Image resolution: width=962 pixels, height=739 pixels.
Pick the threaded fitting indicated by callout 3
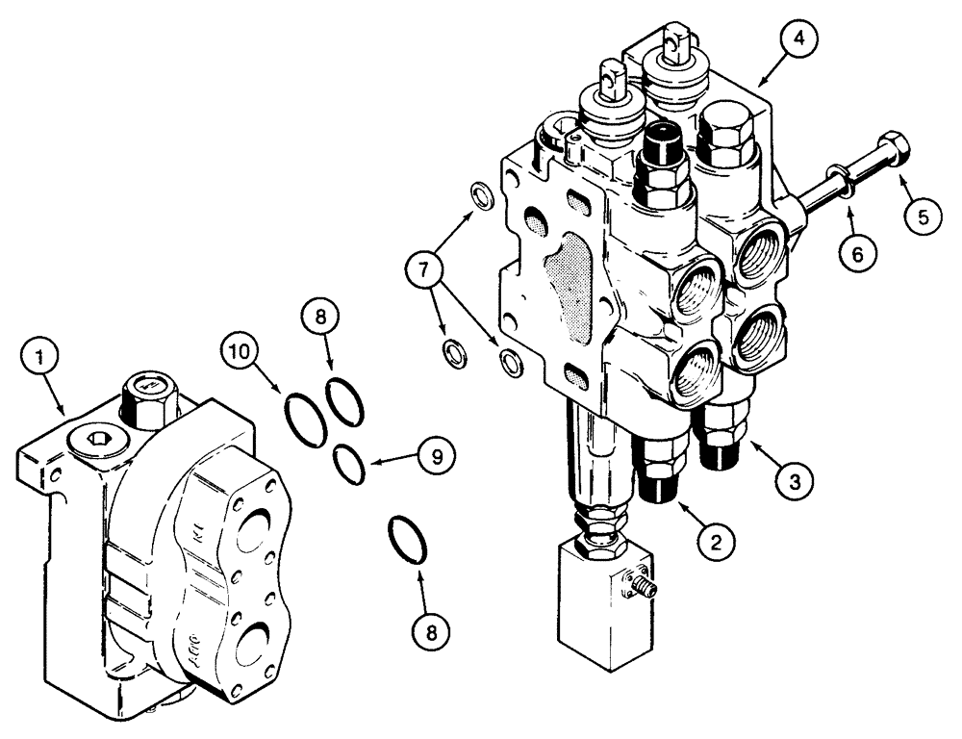pos(721,437)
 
